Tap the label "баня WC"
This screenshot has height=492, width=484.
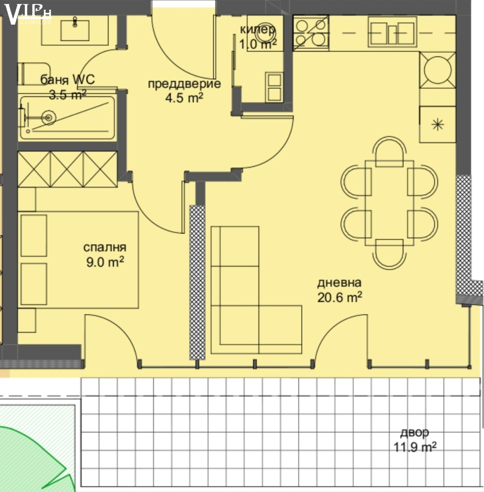[x=68, y=80]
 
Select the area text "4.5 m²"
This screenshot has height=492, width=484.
[x=184, y=98]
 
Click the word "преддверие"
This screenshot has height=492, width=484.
[x=184, y=84]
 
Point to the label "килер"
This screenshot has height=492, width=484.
[x=257, y=30]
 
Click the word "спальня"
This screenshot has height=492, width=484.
[x=105, y=248]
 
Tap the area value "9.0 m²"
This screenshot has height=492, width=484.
[x=105, y=262]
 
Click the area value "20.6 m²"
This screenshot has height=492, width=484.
[x=339, y=297]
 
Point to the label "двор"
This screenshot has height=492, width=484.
[x=415, y=433]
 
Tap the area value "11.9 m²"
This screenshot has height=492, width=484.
[x=415, y=447]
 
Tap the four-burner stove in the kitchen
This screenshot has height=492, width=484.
[x=311, y=33]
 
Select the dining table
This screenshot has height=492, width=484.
[x=389, y=203]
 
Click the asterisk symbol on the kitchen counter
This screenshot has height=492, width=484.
[x=437, y=125]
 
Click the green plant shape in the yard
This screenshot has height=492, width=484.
[x=31, y=455]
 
